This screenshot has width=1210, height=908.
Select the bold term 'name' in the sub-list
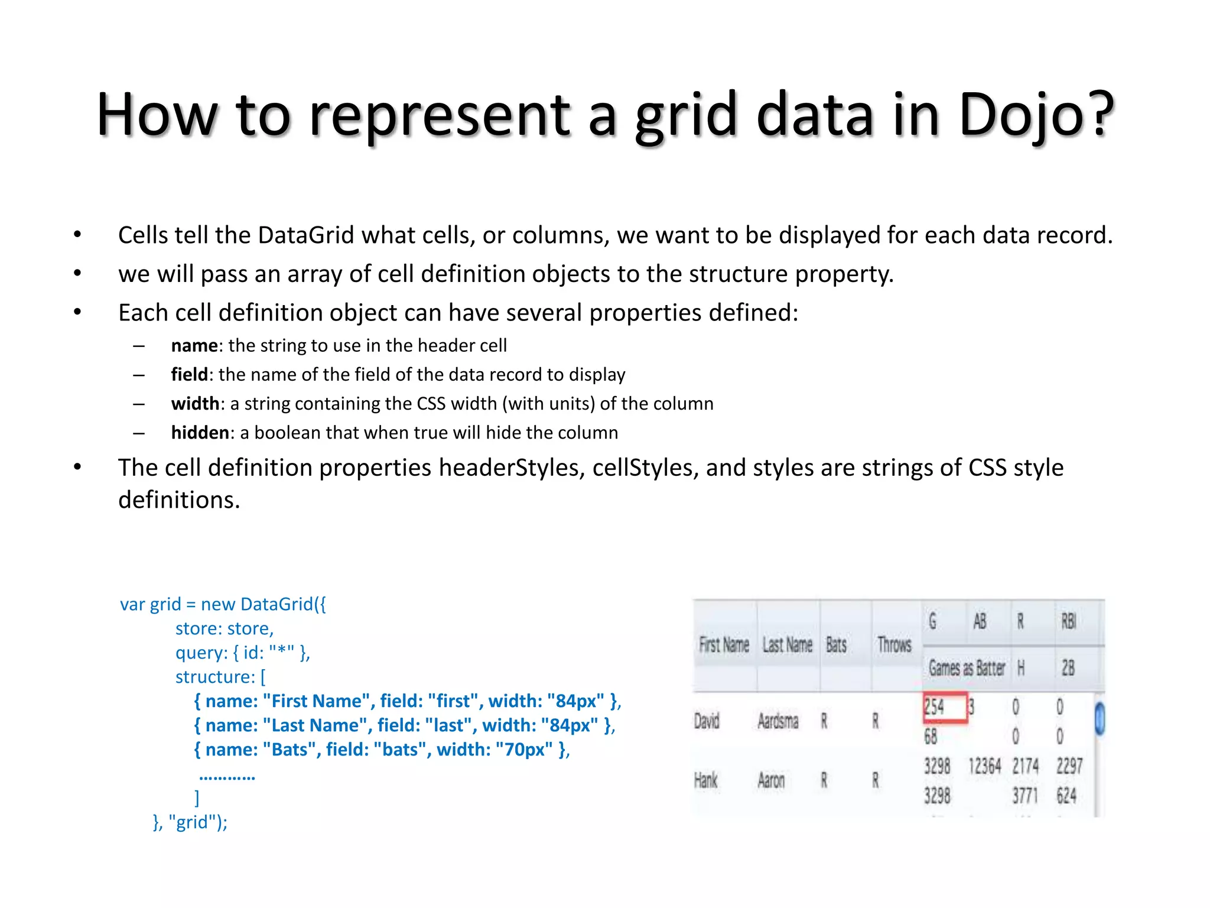pos(194,346)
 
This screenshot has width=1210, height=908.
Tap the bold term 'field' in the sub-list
pos(189,375)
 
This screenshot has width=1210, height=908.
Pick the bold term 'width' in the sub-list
pos(195,404)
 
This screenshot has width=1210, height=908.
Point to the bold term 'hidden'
pos(200,433)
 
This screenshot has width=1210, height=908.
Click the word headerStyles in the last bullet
pos(511,468)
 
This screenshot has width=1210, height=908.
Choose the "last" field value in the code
pos(448,725)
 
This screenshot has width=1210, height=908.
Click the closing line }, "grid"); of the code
pos(190,822)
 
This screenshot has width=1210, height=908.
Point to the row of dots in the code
pos(227,776)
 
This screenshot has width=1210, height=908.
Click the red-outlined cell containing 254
pos(945,707)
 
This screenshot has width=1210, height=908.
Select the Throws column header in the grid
pos(895,644)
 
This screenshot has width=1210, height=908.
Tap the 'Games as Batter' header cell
pos(967,669)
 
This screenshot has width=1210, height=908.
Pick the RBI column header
pos(1069,621)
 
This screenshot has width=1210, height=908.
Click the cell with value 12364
pos(984,767)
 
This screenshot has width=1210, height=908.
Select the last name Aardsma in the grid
pos(778,721)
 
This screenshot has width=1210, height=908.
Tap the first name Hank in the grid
pos(706,781)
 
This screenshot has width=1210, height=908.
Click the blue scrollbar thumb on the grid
pos(1100,719)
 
